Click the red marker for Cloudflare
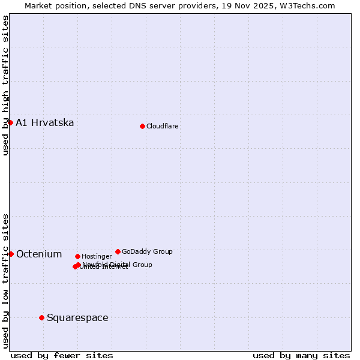[x=142, y=126]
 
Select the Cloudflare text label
[x=162, y=126]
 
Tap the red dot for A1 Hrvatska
[x=10, y=122]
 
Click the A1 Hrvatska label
[x=45, y=123]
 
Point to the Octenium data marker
[x=11, y=254]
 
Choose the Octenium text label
[x=39, y=254]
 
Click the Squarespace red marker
[x=41, y=317]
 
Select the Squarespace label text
[x=77, y=318]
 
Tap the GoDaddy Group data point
[x=118, y=251]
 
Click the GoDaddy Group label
[x=147, y=252]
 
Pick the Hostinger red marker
[x=77, y=256]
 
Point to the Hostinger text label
[x=97, y=257]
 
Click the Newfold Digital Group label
[x=117, y=265]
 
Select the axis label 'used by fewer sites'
[x=62, y=355]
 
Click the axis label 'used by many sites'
[x=301, y=355]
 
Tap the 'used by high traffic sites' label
[x=6, y=85]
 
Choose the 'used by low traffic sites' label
[x=6, y=281]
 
